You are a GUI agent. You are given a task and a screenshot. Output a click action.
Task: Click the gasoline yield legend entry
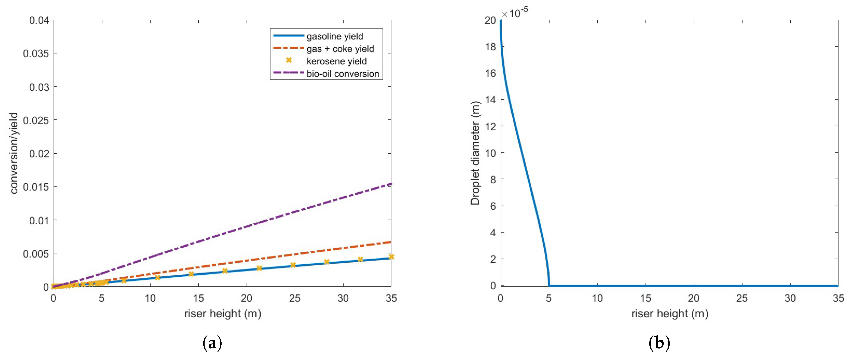[334, 36]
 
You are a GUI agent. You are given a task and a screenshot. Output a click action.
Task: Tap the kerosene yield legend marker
[289, 60]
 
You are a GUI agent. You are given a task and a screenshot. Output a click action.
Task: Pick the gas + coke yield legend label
[340, 49]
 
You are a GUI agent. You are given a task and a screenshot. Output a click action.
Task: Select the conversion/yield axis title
[14, 153]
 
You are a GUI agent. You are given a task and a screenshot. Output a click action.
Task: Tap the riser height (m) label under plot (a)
[223, 314]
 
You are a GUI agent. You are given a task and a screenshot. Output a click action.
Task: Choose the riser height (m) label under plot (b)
[670, 314]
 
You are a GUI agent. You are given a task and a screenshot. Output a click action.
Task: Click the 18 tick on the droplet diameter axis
[490, 47]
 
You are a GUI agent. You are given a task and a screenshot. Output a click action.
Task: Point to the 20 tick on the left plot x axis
[246, 298]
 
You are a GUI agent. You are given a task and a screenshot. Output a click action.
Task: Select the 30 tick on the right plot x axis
[790, 298]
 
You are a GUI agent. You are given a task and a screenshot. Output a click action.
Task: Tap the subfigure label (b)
[659, 343]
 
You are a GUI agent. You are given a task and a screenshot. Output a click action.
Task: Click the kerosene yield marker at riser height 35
[391, 257]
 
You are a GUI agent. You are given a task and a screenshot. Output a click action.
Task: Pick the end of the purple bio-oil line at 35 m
[390, 184]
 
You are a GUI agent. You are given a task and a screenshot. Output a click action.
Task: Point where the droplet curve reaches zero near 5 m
[549, 285]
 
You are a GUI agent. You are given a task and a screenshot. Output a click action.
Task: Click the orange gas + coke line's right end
[390, 242]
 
